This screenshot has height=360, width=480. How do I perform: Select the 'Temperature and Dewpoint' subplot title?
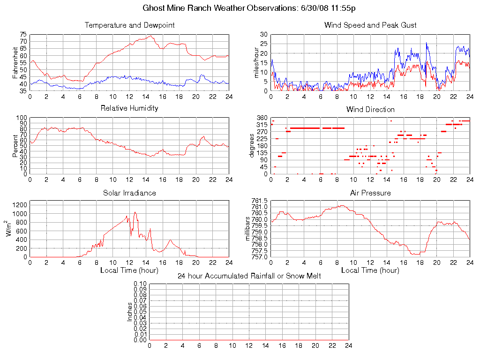129,25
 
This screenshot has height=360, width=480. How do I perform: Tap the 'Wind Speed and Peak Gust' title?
370,25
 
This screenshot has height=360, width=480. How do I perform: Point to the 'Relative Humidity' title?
129,108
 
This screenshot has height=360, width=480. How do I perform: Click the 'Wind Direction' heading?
370,110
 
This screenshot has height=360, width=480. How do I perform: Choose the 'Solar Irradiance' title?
129,193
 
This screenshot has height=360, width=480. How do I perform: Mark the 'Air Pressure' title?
370,193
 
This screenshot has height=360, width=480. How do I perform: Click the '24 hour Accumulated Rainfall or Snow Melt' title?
249,276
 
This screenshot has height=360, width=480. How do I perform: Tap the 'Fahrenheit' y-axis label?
15,63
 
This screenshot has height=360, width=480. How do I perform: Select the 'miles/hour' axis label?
256,63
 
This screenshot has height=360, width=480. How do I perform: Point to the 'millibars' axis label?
248,229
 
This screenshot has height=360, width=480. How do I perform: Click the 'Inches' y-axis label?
130,312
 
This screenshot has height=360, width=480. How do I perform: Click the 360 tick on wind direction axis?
262,118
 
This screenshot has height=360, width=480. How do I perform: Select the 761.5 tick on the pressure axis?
259,201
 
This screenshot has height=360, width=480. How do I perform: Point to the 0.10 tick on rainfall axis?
140,284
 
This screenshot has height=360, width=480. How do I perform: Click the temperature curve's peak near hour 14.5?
150,36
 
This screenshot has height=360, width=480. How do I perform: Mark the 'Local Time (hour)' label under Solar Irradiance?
129,270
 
